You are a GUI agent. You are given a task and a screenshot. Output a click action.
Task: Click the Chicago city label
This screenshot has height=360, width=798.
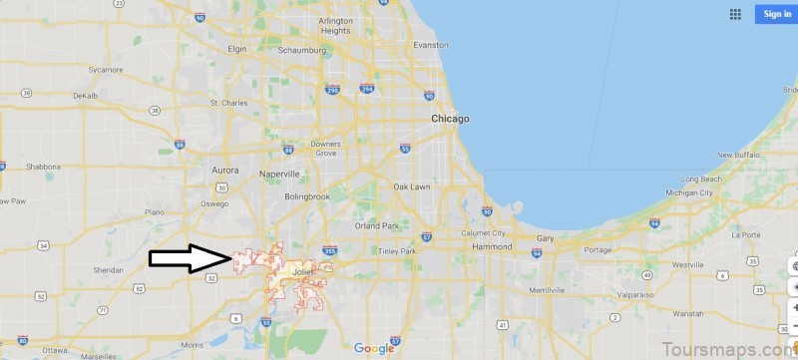coord(450,119)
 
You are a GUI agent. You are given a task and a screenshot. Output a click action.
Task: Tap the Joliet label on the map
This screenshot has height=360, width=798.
coord(303,268)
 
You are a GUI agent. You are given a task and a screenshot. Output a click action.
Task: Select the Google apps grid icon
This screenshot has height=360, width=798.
coord(735,14)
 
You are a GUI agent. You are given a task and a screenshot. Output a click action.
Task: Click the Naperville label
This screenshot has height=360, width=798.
coord(278,173)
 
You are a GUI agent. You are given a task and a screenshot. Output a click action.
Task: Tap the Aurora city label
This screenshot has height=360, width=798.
coord(225,171)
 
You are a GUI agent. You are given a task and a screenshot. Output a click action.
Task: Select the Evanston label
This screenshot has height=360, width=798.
coord(431,45)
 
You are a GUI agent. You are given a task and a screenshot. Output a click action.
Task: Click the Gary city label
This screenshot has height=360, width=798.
coord(546,239)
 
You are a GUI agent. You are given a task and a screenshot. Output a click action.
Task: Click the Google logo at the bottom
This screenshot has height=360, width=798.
coord(374,348)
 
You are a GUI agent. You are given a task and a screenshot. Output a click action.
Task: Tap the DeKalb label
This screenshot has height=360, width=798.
coord(86,96)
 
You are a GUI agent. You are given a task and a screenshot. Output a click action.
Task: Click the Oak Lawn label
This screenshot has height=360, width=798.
coord(412,186)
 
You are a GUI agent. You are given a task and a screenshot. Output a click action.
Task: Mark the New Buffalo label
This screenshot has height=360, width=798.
coord(739,156)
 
